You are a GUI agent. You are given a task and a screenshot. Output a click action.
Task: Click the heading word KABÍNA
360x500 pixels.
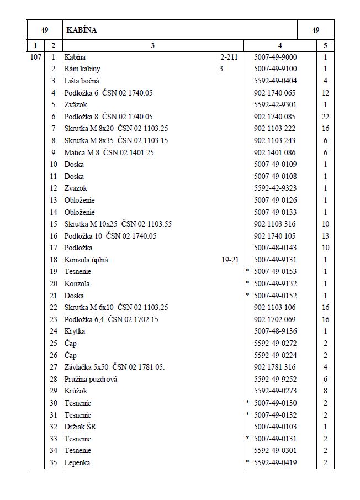point(81,30)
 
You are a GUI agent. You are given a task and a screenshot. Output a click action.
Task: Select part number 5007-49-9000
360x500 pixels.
point(275,57)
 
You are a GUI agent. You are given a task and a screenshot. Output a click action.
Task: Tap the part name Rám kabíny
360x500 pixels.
point(82,69)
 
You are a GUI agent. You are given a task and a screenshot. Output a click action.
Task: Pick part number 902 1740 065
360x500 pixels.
point(274,93)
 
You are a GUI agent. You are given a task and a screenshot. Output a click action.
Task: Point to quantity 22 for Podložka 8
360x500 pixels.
point(325,117)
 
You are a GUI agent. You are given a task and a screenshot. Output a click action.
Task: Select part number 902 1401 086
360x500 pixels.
point(274,152)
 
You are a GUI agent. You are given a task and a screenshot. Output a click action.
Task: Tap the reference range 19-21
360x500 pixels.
point(229,260)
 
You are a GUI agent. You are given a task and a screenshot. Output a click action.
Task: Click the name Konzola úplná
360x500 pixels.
point(86,260)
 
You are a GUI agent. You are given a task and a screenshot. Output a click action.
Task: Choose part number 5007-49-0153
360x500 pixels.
point(275,271)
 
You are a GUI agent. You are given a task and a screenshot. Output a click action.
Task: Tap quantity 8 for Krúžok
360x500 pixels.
point(325,391)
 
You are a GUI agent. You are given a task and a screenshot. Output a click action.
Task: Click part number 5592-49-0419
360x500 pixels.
point(275,462)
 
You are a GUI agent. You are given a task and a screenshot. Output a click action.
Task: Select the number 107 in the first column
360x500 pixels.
point(35,57)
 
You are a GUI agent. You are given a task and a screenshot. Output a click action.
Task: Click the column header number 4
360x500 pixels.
point(280,46)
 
